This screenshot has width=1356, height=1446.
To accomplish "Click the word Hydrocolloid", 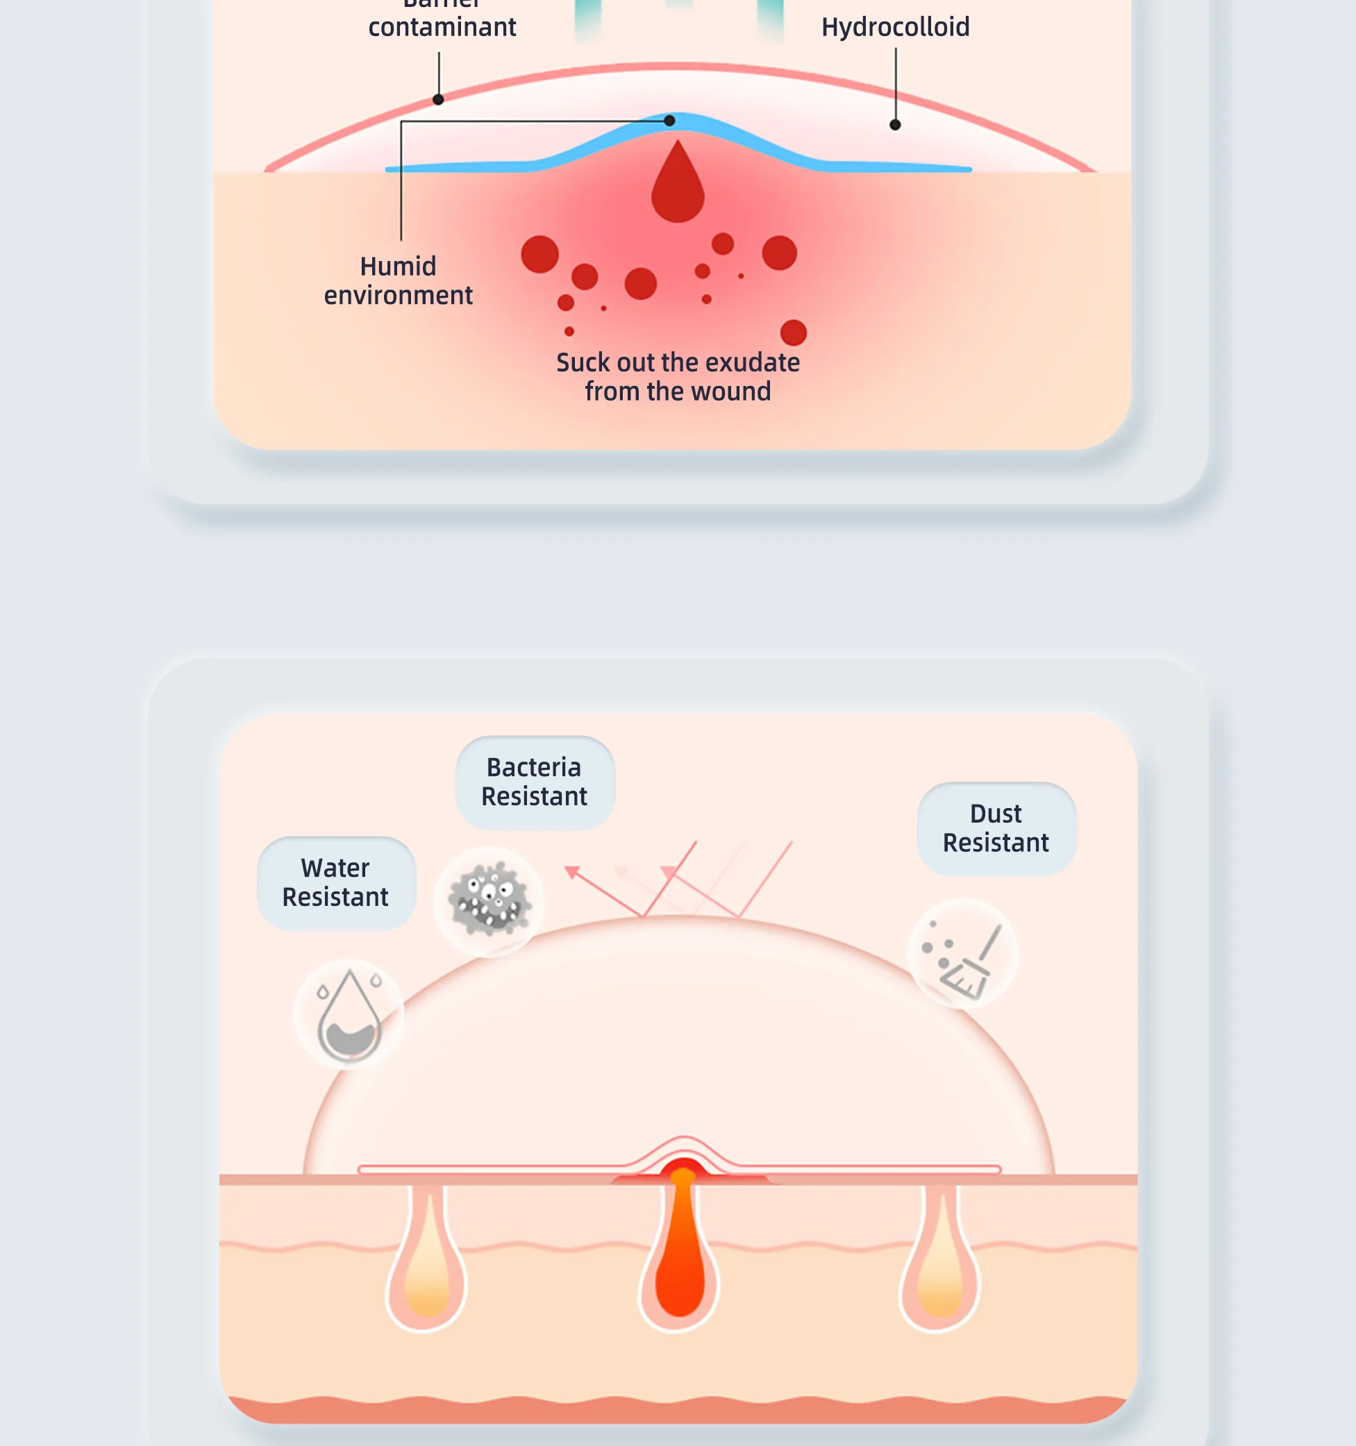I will (x=895, y=28).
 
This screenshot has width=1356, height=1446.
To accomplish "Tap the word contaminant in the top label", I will (x=442, y=28).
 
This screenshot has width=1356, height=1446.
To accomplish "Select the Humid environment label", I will (x=398, y=280).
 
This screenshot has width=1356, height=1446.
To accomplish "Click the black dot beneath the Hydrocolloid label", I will (x=895, y=125).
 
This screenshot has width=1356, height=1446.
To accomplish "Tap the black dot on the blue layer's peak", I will (x=669, y=121).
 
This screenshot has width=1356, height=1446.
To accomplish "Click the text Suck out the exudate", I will (x=677, y=362).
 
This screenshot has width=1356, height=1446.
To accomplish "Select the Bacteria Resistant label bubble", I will (x=535, y=782).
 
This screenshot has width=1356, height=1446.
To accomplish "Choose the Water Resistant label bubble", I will (x=336, y=882).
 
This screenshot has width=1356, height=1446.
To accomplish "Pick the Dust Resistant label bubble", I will (x=996, y=827).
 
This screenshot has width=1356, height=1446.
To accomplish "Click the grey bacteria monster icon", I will (x=489, y=900).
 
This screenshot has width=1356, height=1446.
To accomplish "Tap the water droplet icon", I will (x=349, y=1014).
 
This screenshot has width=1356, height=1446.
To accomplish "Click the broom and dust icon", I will (x=962, y=954).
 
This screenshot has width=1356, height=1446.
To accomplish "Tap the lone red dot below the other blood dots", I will (x=793, y=333).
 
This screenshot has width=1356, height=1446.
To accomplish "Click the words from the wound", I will (x=677, y=392).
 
